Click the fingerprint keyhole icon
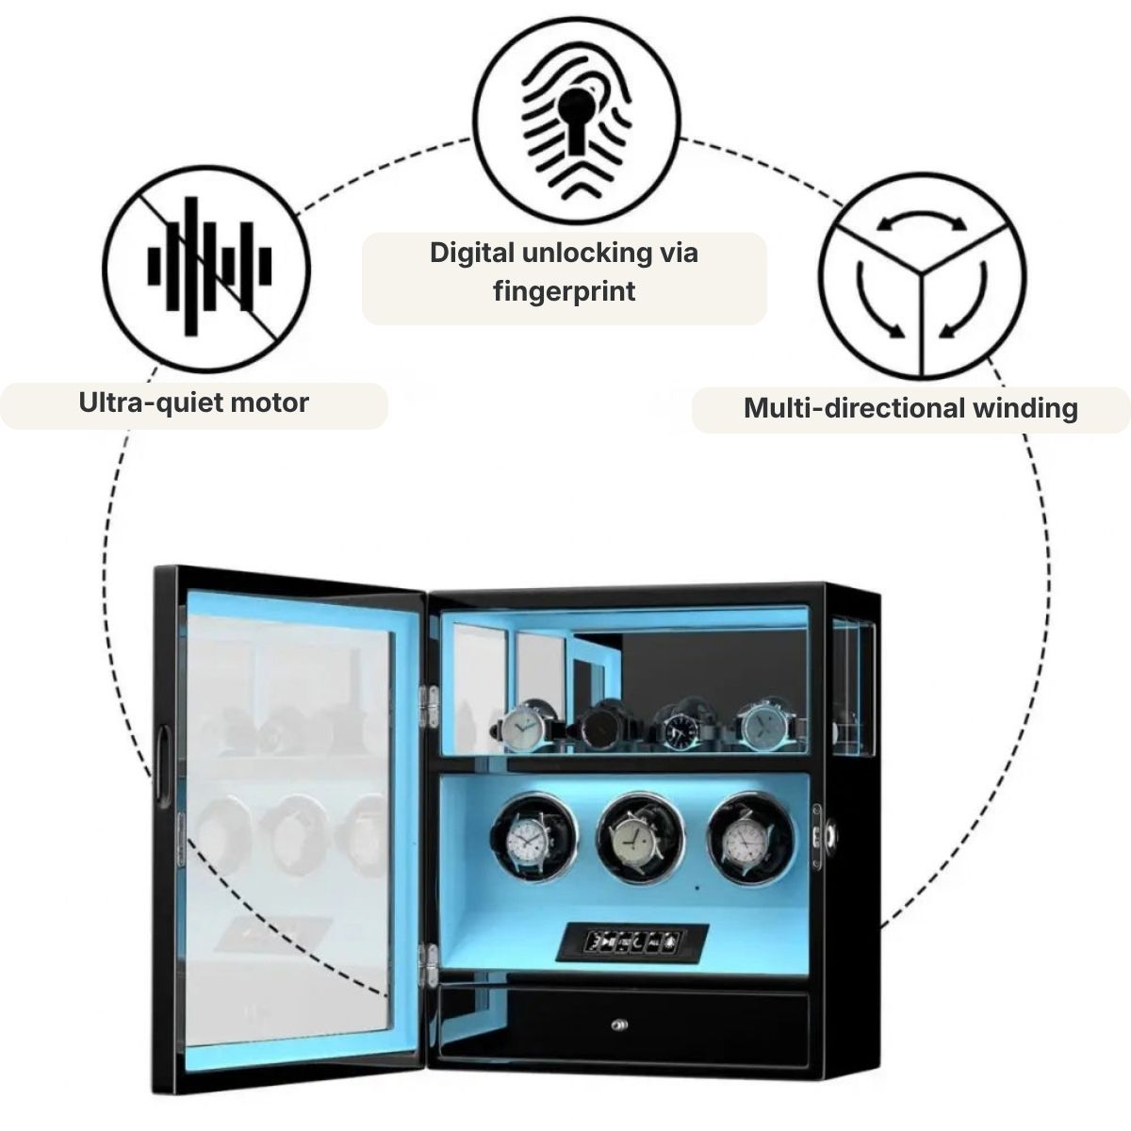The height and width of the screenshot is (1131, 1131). (x=577, y=121)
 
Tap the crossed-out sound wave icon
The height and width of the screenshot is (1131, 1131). (x=206, y=269)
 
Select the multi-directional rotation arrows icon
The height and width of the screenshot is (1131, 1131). (x=922, y=275)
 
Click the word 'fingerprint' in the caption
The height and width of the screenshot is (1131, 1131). (x=564, y=291)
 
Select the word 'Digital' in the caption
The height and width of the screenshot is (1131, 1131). (x=471, y=254)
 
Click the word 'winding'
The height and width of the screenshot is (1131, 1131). (x=1026, y=408)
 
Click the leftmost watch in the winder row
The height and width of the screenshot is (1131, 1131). (x=533, y=838)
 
